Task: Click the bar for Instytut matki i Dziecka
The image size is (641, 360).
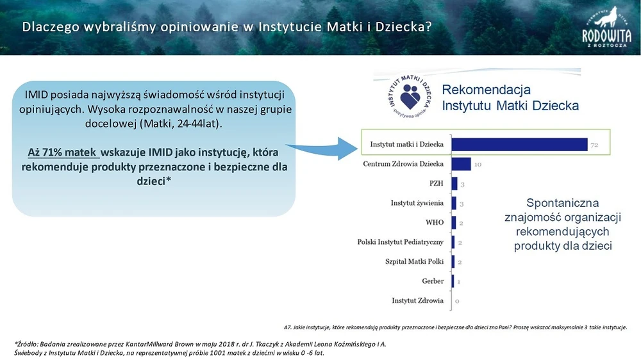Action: click(520, 145)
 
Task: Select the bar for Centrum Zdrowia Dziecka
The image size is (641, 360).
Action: click(462, 164)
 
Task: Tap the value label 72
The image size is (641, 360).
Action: click(594, 145)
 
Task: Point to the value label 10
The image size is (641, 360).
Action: click(478, 165)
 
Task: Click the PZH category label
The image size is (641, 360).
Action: click(437, 183)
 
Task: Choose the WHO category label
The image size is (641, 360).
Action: click(435, 222)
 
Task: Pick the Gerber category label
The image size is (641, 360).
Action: click(433, 281)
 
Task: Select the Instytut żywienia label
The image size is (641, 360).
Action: click(417, 203)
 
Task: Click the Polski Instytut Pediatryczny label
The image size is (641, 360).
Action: click(401, 242)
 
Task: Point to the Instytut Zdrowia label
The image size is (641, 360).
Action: click(417, 300)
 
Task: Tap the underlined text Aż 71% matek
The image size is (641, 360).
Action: click(63, 153)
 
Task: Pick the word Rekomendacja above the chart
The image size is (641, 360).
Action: click(487, 90)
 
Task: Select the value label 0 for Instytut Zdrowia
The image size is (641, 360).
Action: click(457, 300)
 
